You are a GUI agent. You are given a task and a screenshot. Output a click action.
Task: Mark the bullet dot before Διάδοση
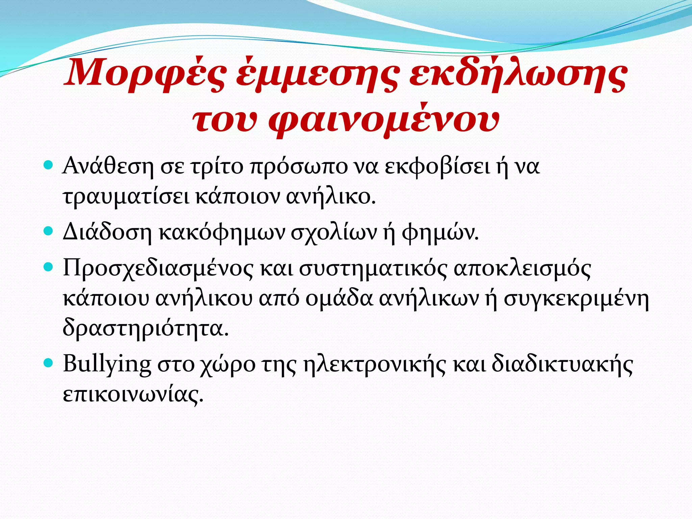coord(49,231)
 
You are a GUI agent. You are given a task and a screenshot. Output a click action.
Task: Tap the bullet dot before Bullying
coord(49,363)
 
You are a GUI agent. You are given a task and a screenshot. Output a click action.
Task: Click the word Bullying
coord(107,364)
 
